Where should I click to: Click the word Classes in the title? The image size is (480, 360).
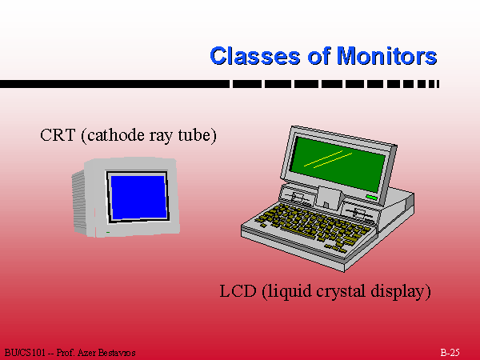click(x=255, y=56)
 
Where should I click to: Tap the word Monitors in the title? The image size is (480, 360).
click(x=386, y=56)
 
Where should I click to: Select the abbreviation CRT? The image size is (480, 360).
click(x=58, y=135)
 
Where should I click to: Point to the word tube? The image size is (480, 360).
click(x=194, y=135)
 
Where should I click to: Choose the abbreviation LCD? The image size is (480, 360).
click(x=238, y=291)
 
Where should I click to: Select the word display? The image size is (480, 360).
click(x=398, y=291)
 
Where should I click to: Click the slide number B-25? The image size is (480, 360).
click(x=450, y=353)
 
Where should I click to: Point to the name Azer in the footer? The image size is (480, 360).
click(x=86, y=353)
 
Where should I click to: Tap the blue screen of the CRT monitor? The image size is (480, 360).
click(x=138, y=198)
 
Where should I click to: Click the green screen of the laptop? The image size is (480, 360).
click(x=338, y=164)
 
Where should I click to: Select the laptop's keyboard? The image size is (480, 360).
click(x=313, y=226)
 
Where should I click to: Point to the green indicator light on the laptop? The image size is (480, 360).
click(x=372, y=198)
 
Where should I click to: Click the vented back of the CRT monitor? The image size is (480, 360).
click(x=79, y=202)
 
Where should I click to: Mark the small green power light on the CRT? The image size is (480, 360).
click(x=108, y=232)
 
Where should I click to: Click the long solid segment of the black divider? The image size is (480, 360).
click(x=114, y=84)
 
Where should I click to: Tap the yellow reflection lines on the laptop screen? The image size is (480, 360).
click(x=328, y=159)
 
